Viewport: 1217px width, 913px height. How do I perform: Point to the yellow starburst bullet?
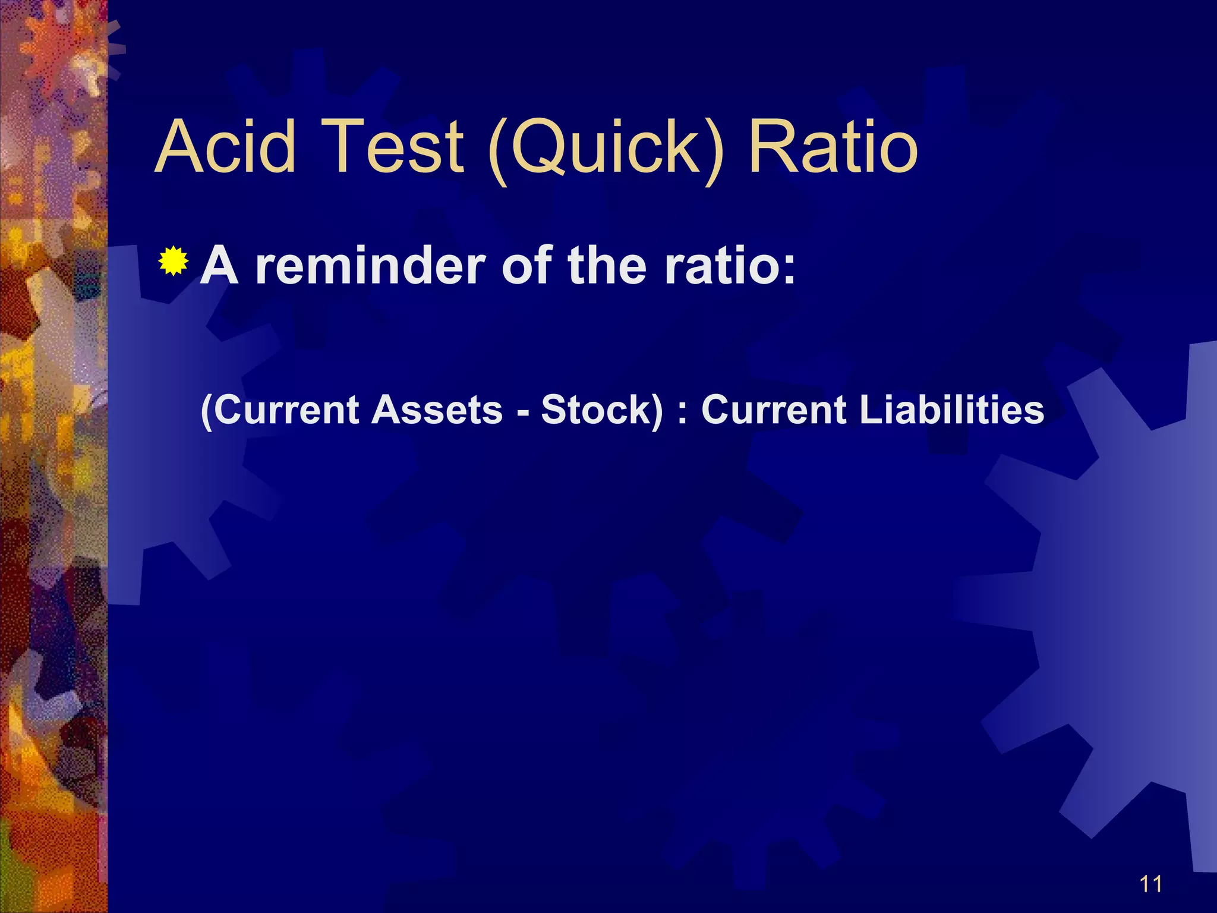pos(174,261)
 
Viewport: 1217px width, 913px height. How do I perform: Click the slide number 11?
pos(1151,884)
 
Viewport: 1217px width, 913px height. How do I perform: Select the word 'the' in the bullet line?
pos(607,266)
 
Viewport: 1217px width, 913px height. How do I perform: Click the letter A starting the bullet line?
pos(219,266)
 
